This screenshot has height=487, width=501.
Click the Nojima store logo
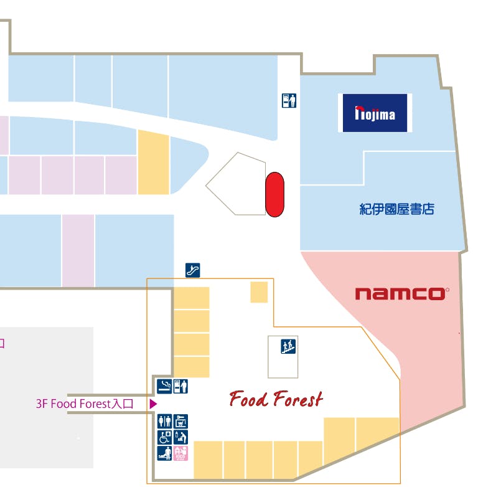click(x=375, y=113)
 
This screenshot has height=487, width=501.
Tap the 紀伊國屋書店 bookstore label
click(x=396, y=209)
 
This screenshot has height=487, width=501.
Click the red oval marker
click(x=274, y=195)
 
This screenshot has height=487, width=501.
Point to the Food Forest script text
click(x=276, y=399)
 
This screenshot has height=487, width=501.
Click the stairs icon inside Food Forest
click(x=288, y=346)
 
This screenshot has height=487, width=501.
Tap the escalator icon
click(x=193, y=270)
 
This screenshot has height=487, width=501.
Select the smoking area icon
click(x=164, y=386)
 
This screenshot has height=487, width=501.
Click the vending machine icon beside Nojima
click(x=289, y=100)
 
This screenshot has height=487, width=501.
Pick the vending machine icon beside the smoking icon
click(x=180, y=386)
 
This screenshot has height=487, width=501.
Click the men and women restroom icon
click(x=165, y=422)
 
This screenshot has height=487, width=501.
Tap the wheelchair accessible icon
click(x=165, y=437)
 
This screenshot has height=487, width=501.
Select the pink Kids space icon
click(x=180, y=453)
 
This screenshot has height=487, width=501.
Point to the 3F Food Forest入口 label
click(x=85, y=404)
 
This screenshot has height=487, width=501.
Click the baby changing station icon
click(x=180, y=437)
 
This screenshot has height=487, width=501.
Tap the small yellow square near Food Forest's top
click(x=259, y=292)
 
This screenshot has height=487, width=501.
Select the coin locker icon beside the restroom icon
click(x=180, y=422)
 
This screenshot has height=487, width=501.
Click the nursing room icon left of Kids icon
click(x=165, y=453)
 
